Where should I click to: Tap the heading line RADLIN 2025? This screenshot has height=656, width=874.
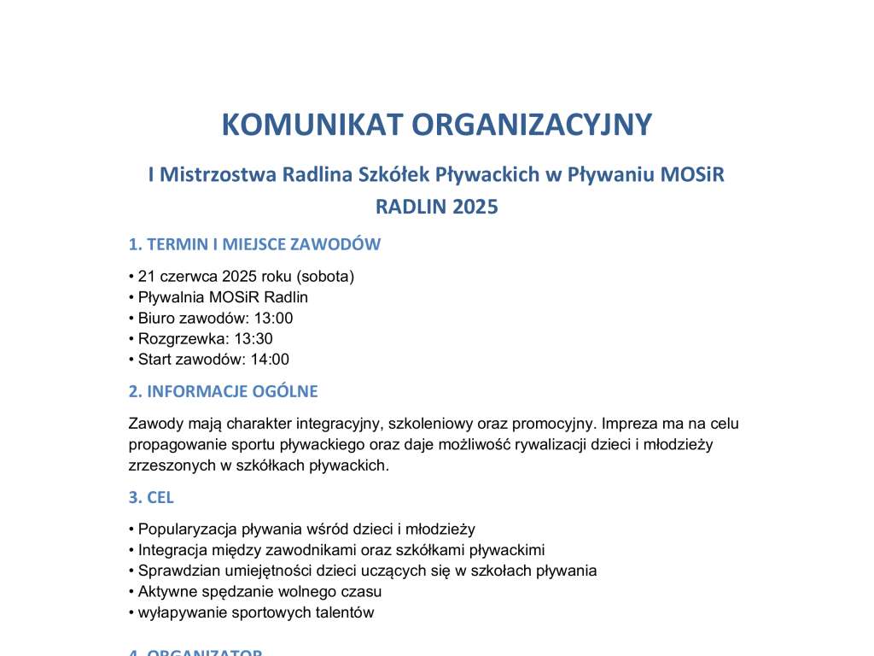436,207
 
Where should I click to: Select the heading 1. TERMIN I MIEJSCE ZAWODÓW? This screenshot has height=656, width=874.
254,244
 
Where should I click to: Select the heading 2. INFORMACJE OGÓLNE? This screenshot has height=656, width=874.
223,392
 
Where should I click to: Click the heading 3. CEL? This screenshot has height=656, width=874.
151,497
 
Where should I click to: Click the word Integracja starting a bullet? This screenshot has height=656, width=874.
169,550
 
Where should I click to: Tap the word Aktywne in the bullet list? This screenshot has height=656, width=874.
164,591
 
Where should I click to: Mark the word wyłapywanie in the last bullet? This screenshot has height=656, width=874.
176,612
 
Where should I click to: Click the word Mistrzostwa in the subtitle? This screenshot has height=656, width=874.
215,175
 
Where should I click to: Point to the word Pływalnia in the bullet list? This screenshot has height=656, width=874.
167,297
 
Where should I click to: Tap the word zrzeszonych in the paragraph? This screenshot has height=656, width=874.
165,466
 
